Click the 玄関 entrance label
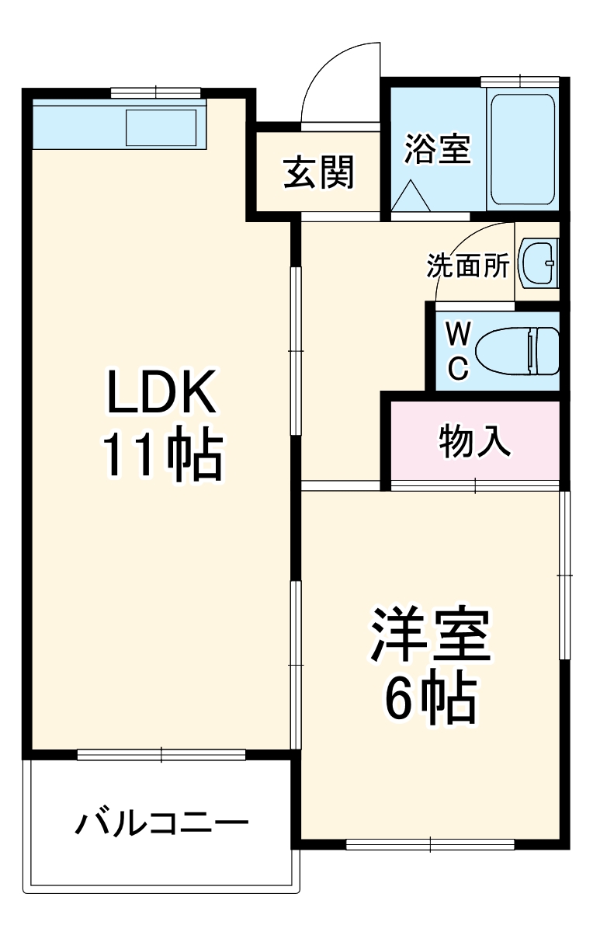point(317,172)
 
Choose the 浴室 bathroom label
point(438,149)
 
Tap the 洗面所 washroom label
point(468,266)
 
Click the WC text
point(459,352)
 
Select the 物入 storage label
point(475,442)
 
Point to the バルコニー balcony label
point(161,823)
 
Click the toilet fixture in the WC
point(517,350)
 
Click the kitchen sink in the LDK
point(161,127)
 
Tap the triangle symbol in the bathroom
point(411,195)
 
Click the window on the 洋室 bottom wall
point(430,843)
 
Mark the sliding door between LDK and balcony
point(161,753)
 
